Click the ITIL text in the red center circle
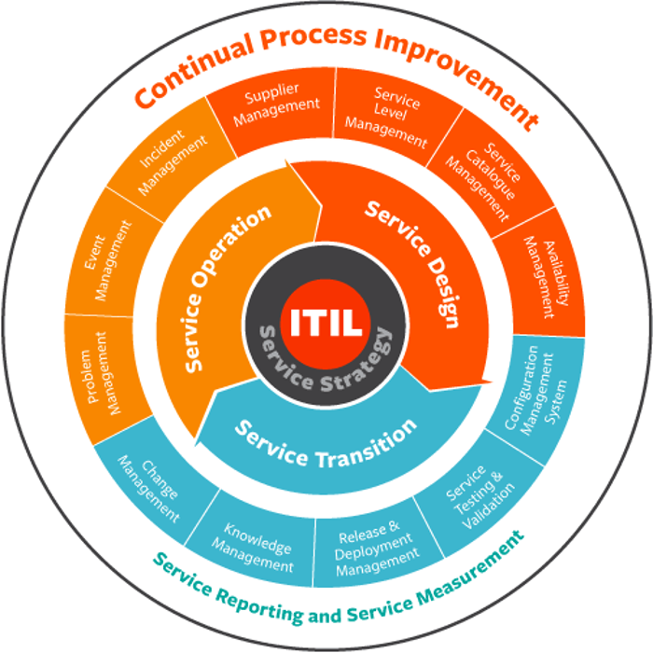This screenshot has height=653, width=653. (x=326, y=322)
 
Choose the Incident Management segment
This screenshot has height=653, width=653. (x=171, y=164)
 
